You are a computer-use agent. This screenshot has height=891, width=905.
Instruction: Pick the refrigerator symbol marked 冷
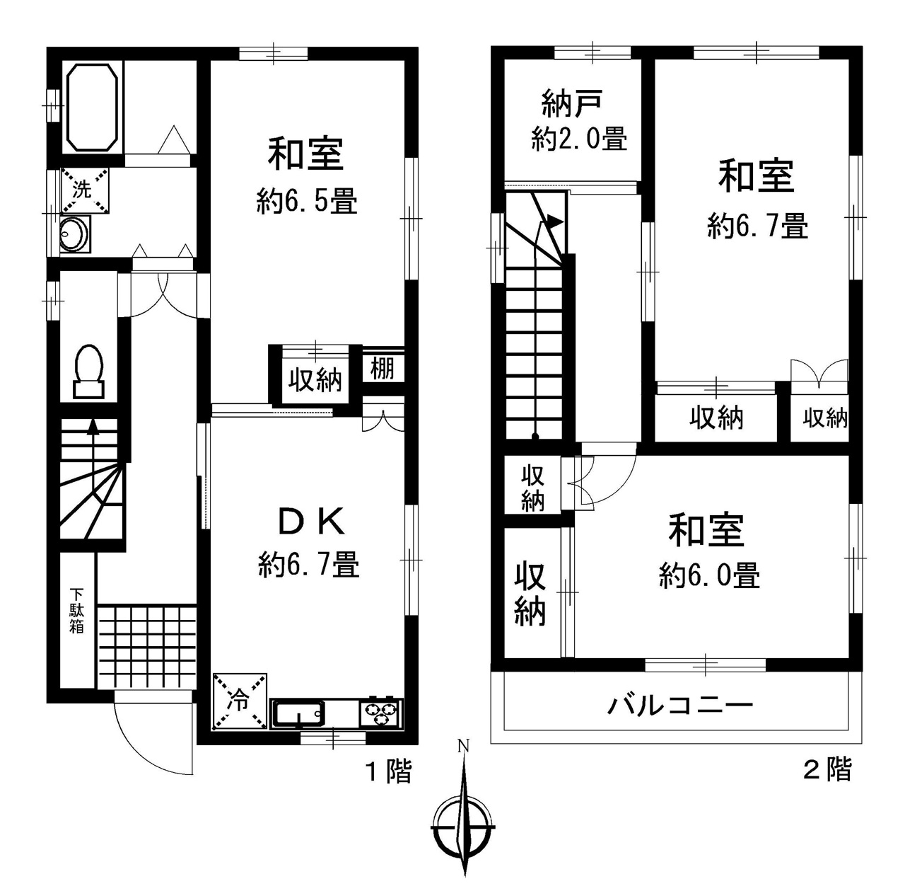click(240, 701)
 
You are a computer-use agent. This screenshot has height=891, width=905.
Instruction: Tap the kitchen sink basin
click(298, 714)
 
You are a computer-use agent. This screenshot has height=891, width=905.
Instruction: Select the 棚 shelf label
click(383, 369)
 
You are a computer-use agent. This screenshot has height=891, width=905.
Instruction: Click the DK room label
click(312, 522)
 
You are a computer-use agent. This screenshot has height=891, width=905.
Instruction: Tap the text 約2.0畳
click(579, 139)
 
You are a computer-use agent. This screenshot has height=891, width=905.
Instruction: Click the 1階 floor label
click(388, 771)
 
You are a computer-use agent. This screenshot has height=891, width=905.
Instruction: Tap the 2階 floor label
click(827, 770)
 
